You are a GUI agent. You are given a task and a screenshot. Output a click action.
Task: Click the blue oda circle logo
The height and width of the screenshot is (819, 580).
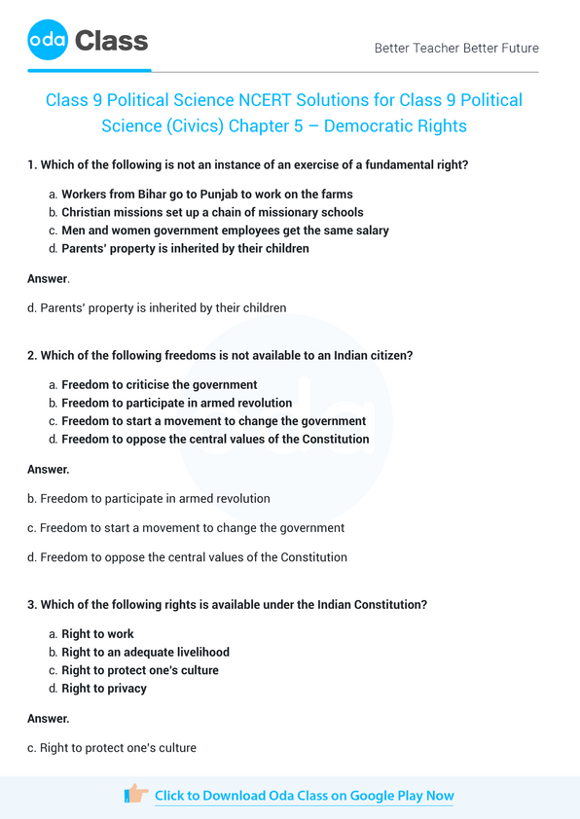click(48, 41)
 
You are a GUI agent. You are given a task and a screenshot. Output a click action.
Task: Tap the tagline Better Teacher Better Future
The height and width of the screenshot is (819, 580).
click(456, 48)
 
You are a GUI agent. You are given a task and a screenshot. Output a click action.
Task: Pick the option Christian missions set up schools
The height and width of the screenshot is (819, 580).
click(212, 212)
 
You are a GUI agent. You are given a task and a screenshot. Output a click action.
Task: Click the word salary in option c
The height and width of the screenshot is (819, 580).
click(369, 231)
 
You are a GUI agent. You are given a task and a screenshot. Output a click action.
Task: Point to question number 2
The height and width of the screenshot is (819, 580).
click(32, 356)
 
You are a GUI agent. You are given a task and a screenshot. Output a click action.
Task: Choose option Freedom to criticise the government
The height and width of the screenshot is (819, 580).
click(159, 384)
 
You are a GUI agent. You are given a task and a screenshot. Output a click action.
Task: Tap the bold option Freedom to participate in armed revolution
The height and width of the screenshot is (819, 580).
click(176, 403)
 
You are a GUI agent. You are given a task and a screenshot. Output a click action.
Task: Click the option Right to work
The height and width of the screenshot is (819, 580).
click(97, 634)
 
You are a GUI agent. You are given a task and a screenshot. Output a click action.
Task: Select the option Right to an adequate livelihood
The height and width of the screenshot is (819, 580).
click(145, 652)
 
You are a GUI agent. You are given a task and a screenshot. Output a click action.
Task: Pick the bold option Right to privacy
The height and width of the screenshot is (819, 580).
click(104, 689)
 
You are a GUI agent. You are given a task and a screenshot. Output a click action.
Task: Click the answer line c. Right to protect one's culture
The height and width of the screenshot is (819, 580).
click(112, 748)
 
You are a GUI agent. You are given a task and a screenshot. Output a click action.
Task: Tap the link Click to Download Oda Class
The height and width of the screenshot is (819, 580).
click(304, 796)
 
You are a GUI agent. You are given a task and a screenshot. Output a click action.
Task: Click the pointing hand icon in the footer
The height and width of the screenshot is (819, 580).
click(136, 795)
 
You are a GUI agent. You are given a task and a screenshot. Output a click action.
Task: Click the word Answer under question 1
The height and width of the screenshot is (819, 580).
click(48, 278)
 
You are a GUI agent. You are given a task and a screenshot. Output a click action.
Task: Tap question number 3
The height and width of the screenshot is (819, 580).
click(32, 605)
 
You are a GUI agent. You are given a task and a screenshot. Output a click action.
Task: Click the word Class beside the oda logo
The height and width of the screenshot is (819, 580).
click(111, 41)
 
